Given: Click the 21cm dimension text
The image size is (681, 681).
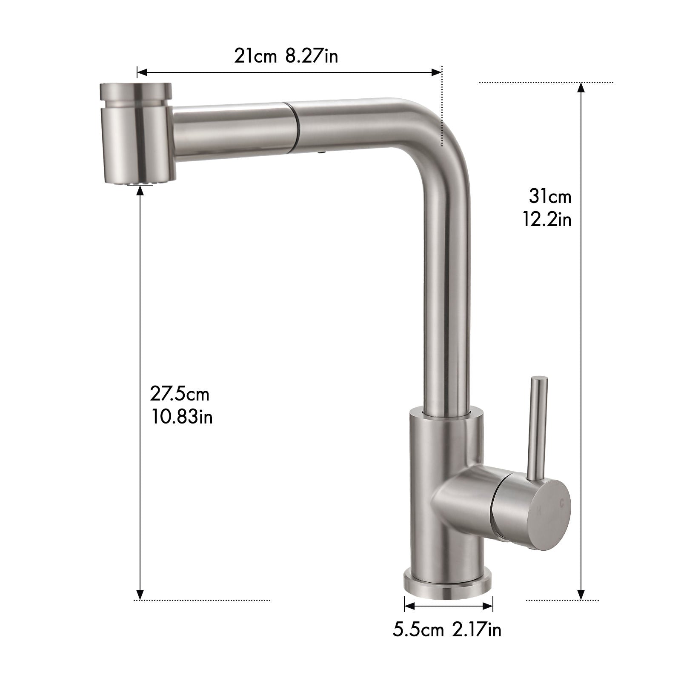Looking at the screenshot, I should (x=255, y=56).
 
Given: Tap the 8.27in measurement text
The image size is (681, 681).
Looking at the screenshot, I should (x=312, y=56).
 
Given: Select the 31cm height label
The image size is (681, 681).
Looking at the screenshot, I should (x=550, y=197).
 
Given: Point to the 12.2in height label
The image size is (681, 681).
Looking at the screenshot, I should (x=547, y=220).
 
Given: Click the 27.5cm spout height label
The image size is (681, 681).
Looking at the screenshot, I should (x=180, y=394).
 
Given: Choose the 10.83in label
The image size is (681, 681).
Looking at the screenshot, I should (x=182, y=417).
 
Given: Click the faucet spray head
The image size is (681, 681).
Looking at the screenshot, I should (x=136, y=132).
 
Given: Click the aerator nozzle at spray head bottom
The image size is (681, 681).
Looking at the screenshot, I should (x=139, y=182).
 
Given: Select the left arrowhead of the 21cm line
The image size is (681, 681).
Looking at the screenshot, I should (x=142, y=73).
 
